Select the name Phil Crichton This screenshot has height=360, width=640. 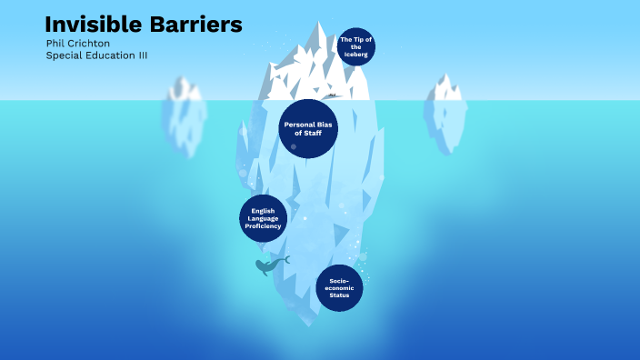[76, 43]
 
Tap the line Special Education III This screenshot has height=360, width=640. [96, 55]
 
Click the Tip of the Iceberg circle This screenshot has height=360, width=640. [355, 46]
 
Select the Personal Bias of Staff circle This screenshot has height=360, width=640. [308, 128]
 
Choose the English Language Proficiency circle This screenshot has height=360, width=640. [264, 218]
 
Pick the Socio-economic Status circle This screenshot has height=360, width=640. [340, 288]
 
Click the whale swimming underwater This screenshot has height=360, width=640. [267, 266]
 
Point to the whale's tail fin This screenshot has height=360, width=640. [285, 260]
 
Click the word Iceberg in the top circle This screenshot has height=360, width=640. [355, 55]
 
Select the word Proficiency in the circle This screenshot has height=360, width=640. [264, 225]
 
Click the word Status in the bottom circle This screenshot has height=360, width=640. [340, 295]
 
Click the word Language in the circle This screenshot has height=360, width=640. [264, 218]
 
